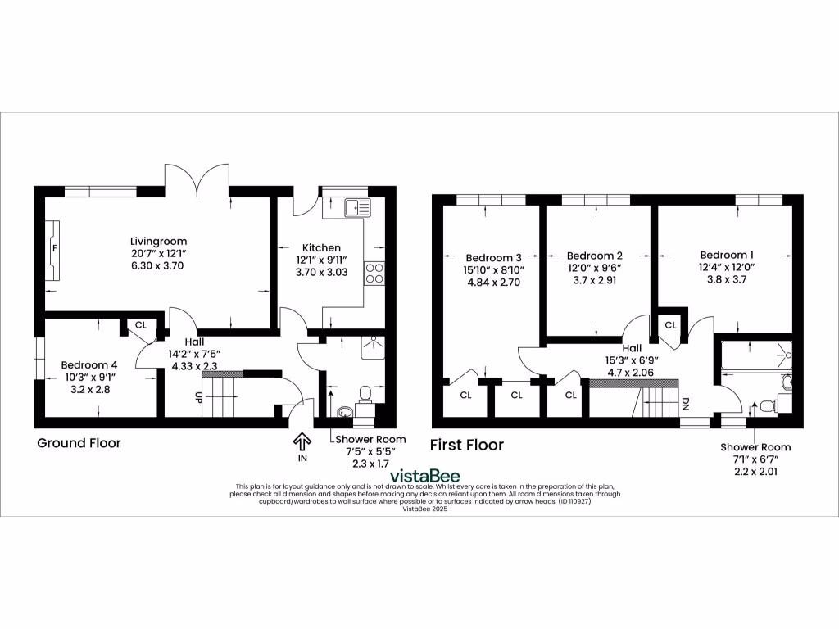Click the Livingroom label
point(158,242)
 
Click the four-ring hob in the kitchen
point(374,273)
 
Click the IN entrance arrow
point(301,443)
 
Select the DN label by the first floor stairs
point(686,404)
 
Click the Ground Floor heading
point(79,443)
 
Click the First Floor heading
point(467,445)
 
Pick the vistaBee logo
point(424,476)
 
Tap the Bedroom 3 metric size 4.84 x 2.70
point(493,283)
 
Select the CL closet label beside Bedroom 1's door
point(670,325)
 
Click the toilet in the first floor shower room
point(766,404)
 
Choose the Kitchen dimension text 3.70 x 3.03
point(321,273)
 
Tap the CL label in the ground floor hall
point(140,325)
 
